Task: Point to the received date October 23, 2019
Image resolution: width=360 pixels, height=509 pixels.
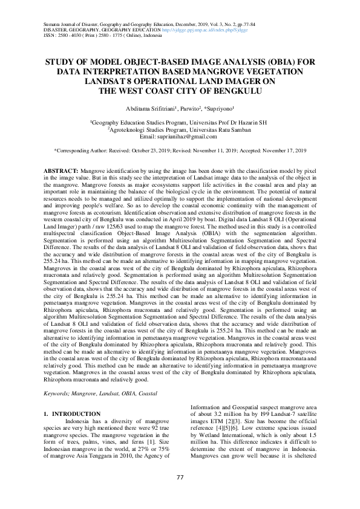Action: [168, 150]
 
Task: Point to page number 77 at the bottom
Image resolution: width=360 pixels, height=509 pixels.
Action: [180, 477]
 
